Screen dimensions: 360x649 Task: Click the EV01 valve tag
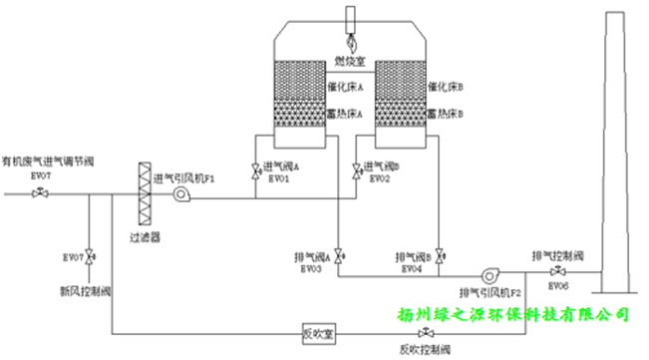tap(279, 179)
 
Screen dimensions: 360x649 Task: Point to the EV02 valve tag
tap(379, 179)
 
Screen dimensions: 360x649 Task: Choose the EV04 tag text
tap(412, 270)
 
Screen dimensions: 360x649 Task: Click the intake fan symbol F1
tap(180, 196)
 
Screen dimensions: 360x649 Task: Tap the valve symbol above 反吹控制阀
tap(426, 332)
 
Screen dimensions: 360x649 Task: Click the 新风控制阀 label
tap(82, 291)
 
